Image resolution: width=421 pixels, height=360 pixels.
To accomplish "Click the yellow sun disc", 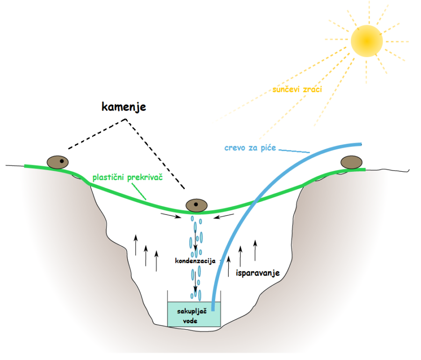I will pos(367,40).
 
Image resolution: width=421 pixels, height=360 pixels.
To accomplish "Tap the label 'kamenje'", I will pos(124,107).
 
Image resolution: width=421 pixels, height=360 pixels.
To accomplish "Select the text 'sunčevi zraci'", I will pos(297,89).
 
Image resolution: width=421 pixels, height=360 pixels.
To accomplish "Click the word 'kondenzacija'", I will pos(195,261).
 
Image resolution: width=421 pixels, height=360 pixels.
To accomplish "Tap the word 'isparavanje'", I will pos(257,272).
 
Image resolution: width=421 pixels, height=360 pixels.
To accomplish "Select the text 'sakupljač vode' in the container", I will pos(190,316).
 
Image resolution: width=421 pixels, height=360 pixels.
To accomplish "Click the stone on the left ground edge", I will pos(58,162).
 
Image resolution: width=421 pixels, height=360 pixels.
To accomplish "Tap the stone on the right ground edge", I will pos(351,162).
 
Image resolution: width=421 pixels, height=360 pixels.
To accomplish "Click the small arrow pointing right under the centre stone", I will pos(170,216).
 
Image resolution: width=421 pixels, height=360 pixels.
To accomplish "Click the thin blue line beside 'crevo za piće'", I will pos(295,150).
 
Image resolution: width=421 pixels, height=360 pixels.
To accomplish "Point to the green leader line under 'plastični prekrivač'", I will pos(138,192).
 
